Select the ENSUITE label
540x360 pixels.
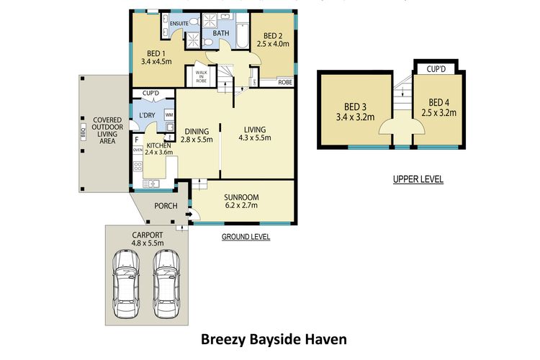179,24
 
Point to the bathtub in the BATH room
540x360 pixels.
240,36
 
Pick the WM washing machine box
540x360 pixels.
168,114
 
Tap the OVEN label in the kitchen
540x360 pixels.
138,150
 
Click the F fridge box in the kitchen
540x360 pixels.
136,139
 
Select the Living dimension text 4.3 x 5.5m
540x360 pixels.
256,140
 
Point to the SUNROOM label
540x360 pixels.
241,197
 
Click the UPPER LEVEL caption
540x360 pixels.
418,179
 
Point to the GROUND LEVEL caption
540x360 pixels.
246,236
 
